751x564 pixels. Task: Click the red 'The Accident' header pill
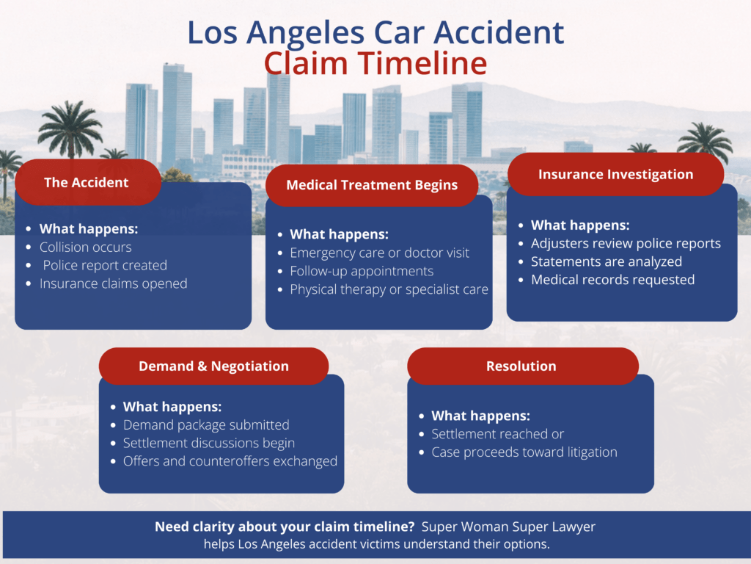87,183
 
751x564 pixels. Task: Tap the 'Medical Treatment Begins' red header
372,185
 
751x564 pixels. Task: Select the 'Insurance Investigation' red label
615,174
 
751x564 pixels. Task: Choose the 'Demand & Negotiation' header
213,366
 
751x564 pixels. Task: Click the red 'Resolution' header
521,366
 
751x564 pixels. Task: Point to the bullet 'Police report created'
104,265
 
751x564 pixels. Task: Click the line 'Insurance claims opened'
114,283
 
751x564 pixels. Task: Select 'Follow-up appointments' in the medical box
362,271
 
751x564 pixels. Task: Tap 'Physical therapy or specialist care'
389,289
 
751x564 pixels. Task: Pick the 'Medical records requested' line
612,279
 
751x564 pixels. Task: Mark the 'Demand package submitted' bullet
206,424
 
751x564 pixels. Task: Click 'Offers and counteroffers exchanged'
230,461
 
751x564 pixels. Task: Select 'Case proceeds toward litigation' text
524,452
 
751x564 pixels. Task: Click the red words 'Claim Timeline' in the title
375,64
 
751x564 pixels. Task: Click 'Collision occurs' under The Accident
86,247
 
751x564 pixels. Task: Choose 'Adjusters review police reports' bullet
626,243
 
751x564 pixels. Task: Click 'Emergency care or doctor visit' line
379,253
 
